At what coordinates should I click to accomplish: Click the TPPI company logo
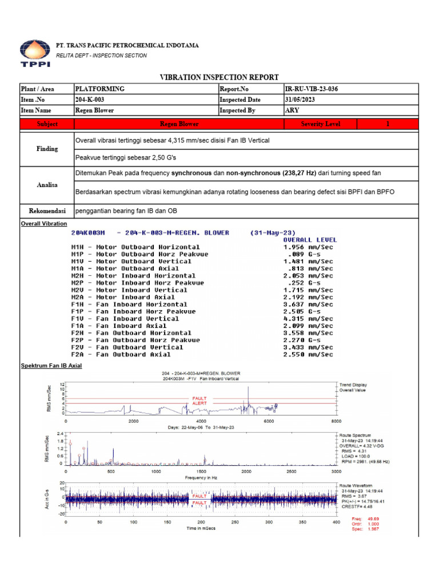[x=34, y=53]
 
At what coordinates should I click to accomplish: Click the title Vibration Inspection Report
[x=219, y=77]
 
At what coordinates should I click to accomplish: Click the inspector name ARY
[x=292, y=110]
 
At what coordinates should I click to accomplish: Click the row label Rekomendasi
[x=47, y=211]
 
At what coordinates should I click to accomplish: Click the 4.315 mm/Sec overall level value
[x=308, y=319]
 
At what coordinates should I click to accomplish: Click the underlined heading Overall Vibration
[x=43, y=224]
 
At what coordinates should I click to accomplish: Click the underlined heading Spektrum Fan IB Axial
[x=51, y=366]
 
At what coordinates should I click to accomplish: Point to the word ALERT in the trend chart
[x=199, y=403]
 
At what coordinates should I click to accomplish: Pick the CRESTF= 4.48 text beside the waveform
[x=357, y=506]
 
